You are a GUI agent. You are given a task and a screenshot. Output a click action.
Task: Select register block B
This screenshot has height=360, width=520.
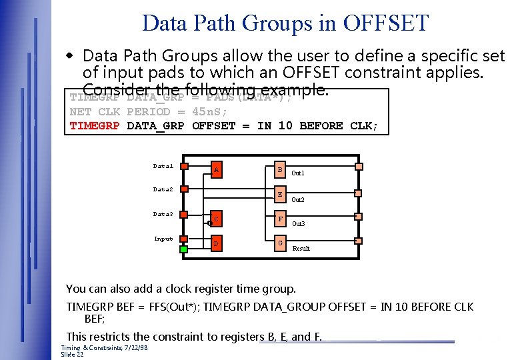pyautogui.click(x=281, y=170)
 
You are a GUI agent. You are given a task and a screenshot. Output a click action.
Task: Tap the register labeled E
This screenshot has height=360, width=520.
pyautogui.click(x=281, y=194)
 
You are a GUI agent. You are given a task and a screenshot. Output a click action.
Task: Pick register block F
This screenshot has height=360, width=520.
pyautogui.click(x=281, y=219)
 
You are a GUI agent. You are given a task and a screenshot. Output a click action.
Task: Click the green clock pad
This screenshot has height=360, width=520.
pyautogui.click(x=184, y=249)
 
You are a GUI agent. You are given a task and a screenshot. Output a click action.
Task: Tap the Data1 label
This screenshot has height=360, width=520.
pyautogui.click(x=163, y=166)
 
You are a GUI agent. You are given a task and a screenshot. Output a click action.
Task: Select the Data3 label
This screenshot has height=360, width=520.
pyautogui.click(x=163, y=214)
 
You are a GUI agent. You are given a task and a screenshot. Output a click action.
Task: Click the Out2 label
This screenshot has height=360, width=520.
pyautogui.click(x=298, y=199)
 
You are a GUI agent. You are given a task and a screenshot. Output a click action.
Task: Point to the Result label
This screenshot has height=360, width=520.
pyautogui.click(x=301, y=248)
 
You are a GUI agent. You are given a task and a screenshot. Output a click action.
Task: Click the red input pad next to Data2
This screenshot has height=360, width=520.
pyautogui.click(x=185, y=191)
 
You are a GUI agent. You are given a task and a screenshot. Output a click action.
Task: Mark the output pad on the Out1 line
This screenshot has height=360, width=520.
pyautogui.click(x=359, y=167)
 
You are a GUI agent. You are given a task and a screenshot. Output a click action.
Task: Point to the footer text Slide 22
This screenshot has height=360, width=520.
pyautogui.click(x=73, y=354)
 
